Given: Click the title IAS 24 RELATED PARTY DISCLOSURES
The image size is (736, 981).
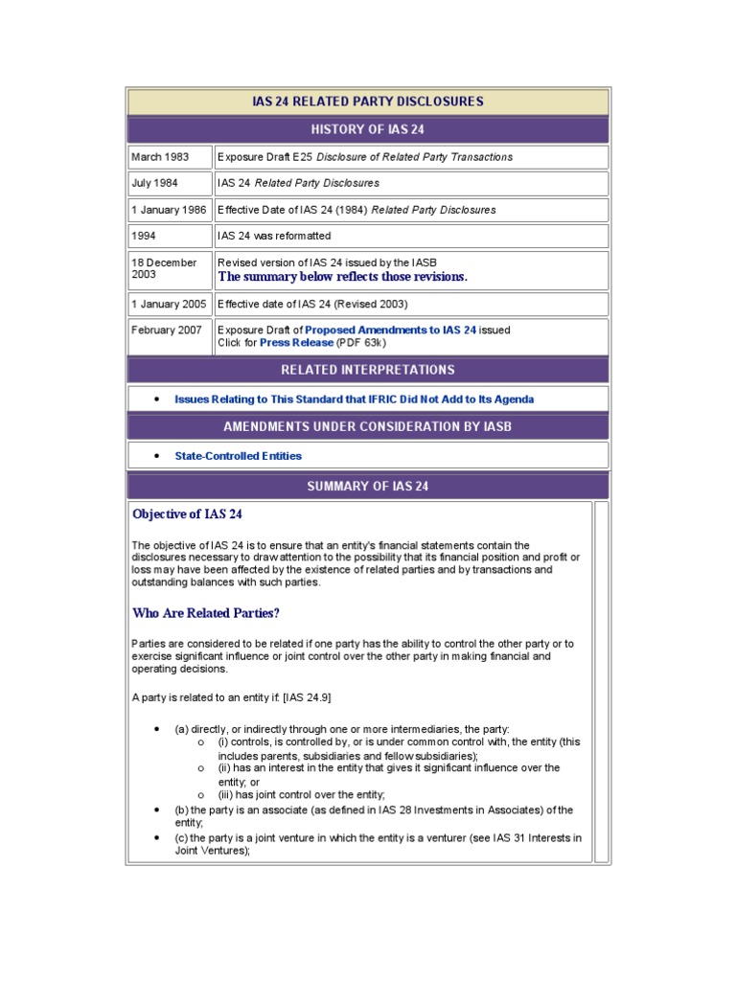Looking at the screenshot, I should tap(367, 102).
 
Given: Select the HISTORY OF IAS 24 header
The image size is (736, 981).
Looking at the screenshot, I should tap(367, 129).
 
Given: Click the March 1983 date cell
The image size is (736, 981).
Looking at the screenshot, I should tap(160, 157).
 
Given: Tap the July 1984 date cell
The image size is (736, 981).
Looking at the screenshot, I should tap(155, 183).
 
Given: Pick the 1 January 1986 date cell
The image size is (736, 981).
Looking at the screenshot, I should tap(169, 210).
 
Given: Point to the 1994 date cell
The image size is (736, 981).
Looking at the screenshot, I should tap(144, 236).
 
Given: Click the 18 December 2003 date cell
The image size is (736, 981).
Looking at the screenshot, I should tap(164, 268).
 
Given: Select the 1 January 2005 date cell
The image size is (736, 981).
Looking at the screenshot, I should tap(169, 304).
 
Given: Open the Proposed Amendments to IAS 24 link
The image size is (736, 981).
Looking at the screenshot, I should tap(390, 330).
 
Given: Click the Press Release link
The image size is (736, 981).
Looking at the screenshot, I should tap(296, 342).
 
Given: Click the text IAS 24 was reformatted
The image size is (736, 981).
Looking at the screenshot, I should tap(274, 236).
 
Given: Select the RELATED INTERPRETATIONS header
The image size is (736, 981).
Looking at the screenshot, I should tap(367, 370).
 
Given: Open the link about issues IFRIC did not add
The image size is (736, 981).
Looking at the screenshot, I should tap(354, 399).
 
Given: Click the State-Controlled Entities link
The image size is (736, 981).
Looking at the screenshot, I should tap(238, 456).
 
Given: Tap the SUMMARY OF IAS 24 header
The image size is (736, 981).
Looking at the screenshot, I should tap(367, 486).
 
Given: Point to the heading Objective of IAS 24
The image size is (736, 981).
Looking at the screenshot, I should tap(187, 514).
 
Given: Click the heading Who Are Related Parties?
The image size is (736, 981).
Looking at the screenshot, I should tap(205, 613).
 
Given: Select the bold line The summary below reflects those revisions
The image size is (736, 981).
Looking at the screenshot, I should tap(343, 277).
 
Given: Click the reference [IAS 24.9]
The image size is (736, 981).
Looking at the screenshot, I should tap(301, 696).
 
